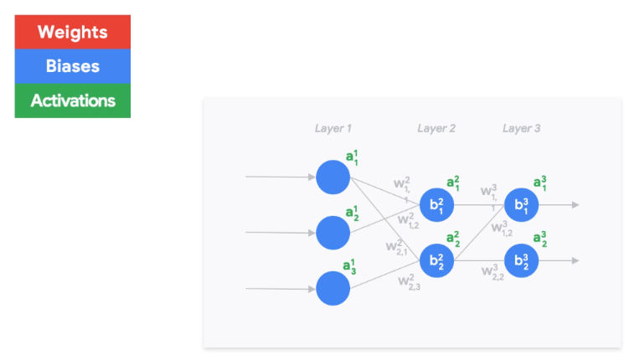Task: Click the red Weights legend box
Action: (x=73, y=33)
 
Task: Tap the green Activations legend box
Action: (x=73, y=100)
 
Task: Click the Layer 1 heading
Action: (x=333, y=128)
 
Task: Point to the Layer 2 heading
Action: (x=436, y=128)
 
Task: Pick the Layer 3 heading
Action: (x=521, y=128)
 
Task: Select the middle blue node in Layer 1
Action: (x=333, y=232)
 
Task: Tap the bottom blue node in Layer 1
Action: (x=333, y=288)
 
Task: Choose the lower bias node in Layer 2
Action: (x=436, y=260)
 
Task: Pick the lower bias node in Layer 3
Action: (x=521, y=260)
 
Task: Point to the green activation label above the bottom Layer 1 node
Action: (x=351, y=266)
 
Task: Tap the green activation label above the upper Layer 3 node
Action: (x=541, y=183)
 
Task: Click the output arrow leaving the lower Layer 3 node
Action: (x=559, y=260)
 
